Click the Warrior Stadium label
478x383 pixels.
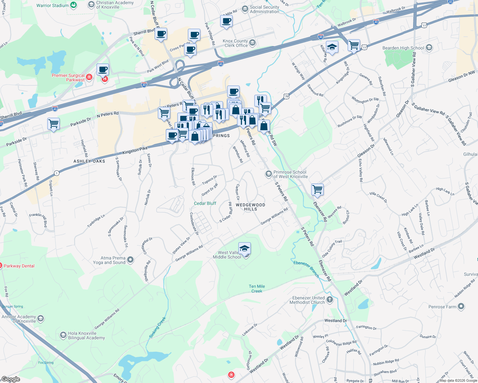[52, 5]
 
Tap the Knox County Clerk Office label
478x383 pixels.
[236, 43]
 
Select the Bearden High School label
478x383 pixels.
[403, 48]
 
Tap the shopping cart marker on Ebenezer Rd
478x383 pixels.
[318, 189]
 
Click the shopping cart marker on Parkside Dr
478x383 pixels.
[53, 124]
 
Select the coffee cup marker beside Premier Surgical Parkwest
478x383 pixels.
[103, 69]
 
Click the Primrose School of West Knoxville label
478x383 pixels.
[290, 174]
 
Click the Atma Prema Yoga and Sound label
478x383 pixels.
[113, 260]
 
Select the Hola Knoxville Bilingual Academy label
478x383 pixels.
[86, 335]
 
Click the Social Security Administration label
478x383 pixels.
[264, 9]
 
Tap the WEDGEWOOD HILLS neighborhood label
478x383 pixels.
[251, 207]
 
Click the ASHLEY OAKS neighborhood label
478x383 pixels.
[89, 161]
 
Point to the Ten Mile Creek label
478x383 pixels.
[257, 289]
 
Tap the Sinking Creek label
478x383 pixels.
[158, 327]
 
